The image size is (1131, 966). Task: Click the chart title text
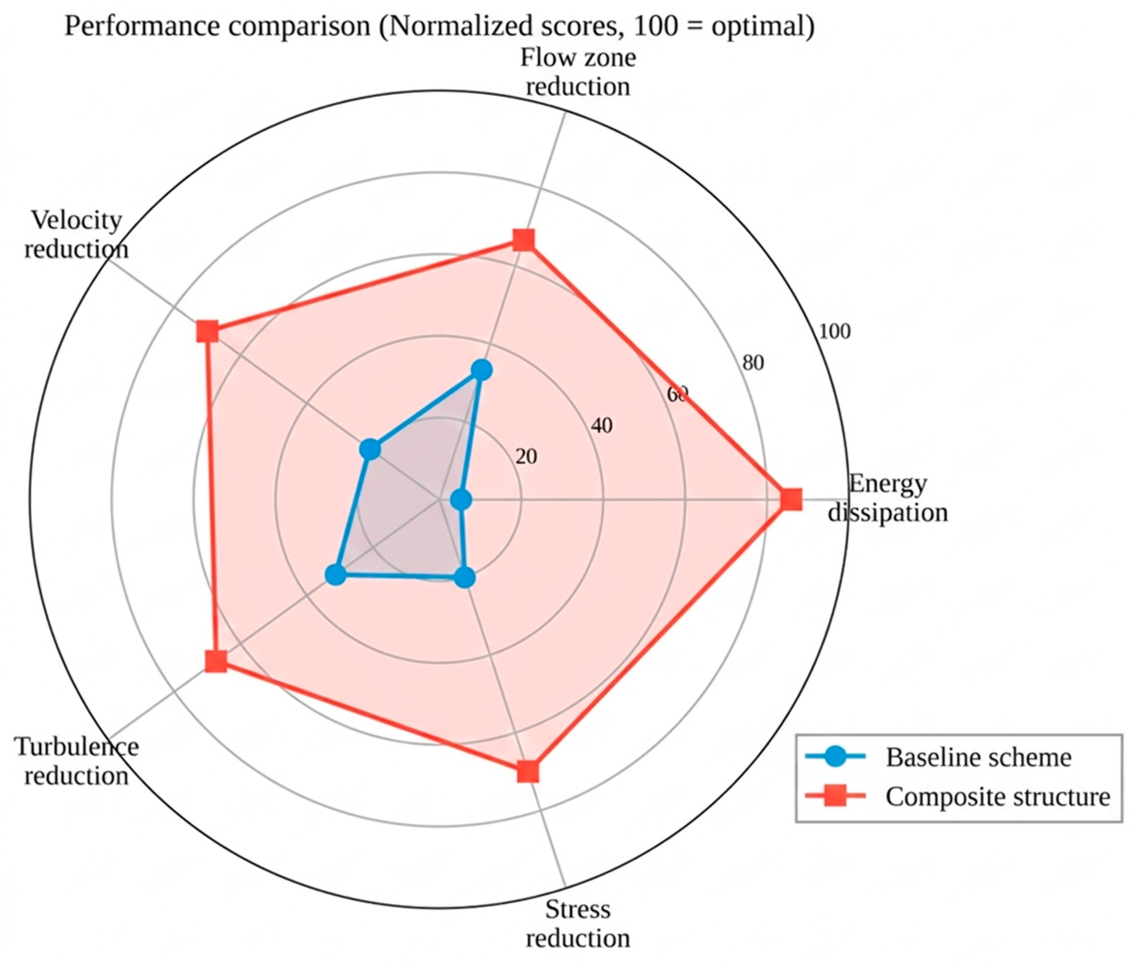[439, 26]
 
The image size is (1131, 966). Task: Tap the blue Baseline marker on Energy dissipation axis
[462, 499]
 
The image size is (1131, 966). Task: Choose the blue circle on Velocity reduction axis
[370, 450]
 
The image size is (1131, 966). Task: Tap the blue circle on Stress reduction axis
[464, 578]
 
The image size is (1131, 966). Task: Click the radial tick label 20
[526, 456]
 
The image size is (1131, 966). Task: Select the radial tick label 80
[753, 363]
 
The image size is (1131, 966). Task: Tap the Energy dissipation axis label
[888, 498]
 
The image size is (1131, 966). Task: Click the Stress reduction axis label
[578, 924]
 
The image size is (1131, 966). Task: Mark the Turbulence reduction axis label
[77, 761]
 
